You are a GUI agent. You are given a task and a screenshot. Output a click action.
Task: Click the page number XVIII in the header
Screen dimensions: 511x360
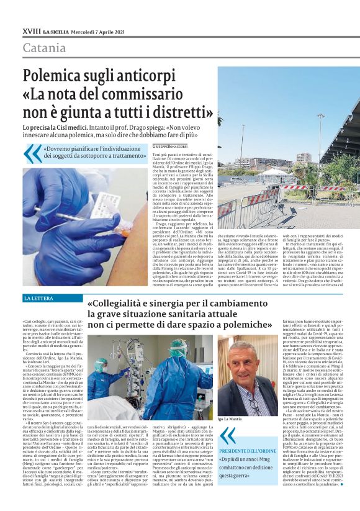pyautogui.click(x=31, y=31)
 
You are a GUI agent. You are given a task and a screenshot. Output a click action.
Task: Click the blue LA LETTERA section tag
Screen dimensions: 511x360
pyautogui.click(x=38, y=299)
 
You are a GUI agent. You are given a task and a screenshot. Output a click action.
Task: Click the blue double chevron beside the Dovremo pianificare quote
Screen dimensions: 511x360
pyautogui.click(x=32, y=153)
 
